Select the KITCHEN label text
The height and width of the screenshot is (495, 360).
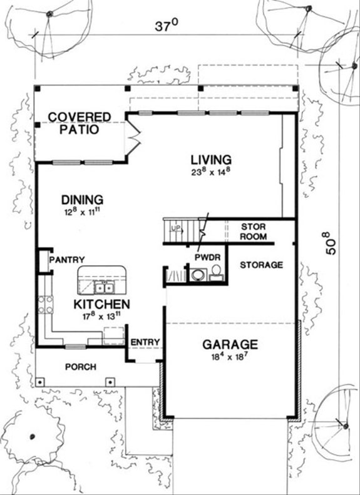102,304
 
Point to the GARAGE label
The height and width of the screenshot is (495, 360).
230,344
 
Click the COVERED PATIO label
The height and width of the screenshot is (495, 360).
80,123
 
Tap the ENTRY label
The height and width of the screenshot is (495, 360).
146,342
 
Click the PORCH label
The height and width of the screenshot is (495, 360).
81,366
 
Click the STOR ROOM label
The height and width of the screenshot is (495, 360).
254,232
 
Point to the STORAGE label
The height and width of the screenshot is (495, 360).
262,265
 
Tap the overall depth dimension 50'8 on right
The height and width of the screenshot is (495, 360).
331,242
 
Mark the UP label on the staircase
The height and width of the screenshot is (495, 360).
176,227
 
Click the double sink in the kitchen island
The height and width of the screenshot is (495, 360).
104,288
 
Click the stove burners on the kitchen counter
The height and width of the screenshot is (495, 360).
45,304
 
